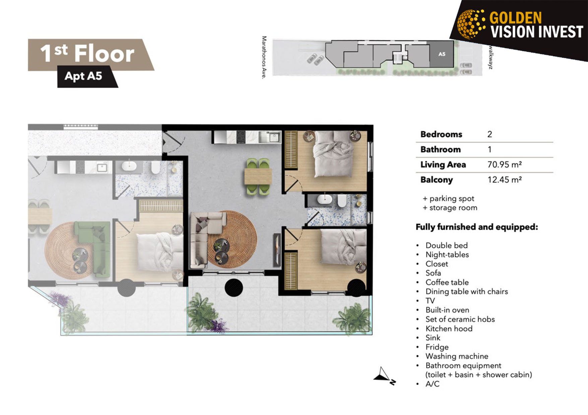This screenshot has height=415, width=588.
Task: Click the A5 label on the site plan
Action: pos(442,54)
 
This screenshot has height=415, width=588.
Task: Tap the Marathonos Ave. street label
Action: pos(264,58)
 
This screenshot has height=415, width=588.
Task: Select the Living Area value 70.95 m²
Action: pos(504,165)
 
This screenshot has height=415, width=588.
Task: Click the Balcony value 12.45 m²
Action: pos(504,180)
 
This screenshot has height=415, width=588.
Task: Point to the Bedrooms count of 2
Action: pos(489,134)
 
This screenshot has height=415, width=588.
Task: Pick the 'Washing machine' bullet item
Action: pos(457,356)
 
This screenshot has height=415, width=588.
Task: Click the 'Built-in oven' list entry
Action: pos(447,310)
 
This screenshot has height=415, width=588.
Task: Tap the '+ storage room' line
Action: pos(450,207)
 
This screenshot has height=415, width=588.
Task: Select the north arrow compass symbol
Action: pos(385,376)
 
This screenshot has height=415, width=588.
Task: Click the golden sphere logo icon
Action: pos(471,24)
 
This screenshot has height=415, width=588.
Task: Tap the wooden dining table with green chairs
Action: pos(258,177)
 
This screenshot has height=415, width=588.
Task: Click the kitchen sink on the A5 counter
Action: pos(273,137)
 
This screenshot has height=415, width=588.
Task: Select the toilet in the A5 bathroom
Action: pos(342,201)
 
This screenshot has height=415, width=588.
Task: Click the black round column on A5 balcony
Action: pos(234,288)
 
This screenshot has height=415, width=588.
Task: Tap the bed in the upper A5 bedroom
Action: pos(333,154)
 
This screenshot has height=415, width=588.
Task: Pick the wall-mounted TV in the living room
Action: pos(277,250)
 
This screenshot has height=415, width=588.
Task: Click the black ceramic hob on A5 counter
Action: pos(241,137)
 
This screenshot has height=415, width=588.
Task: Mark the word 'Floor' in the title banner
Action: pos(104,54)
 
